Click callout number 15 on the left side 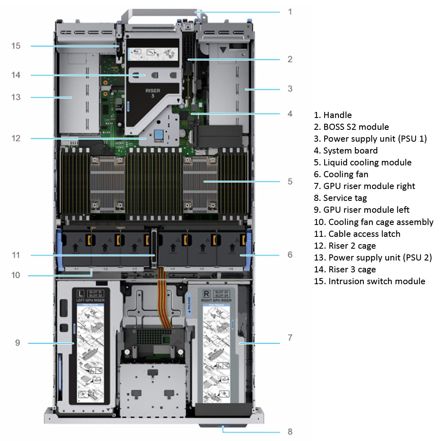pyautogui.click(x=16, y=46)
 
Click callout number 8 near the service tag pyautogui.click(x=290, y=431)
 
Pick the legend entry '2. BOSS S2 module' pyautogui.click(x=351, y=127)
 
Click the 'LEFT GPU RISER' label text pyautogui.click(x=90, y=300)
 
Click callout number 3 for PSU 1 pyautogui.click(x=290, y=88)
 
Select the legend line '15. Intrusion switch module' pyautogui.click(x=369, y=281)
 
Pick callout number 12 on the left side pyautogui.click(x=16, y=138)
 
